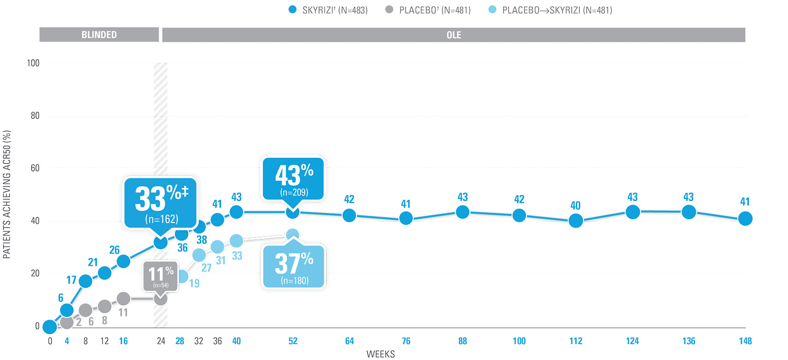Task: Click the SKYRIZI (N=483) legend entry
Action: [329, 10]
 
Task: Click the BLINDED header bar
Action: [99, 35]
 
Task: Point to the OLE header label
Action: [454, 35]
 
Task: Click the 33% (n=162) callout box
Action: [160, 203]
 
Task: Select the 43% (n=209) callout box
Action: [293, 178]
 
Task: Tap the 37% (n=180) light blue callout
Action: [294, 267]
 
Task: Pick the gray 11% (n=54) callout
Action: [160, 276]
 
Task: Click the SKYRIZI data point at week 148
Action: [745, 219]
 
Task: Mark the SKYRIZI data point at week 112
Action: [576, 221]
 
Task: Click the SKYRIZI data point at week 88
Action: [462, 212]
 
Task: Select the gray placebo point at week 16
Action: [123, 299]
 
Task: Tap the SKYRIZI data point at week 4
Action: [67, 310]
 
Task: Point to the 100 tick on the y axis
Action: [33, 63]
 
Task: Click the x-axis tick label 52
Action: [293, 341]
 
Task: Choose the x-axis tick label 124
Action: [632, 341]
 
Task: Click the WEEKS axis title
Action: [381, 354]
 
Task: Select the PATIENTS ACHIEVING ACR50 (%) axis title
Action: [7, 195]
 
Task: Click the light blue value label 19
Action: [194, 283]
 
